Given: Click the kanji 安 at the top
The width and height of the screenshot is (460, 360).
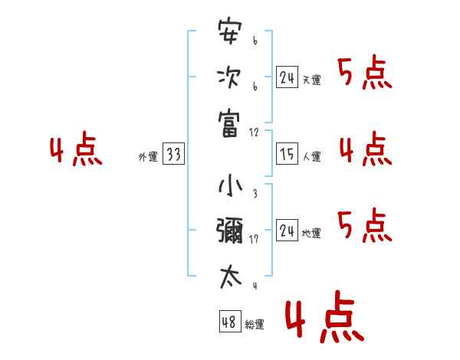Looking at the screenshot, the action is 229,34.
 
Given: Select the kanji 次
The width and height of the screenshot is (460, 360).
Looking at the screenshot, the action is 229,78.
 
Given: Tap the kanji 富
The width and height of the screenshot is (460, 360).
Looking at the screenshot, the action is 229,123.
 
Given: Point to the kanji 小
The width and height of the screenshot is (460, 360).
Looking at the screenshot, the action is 229,186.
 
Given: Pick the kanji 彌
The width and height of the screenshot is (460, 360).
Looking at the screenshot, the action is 229,231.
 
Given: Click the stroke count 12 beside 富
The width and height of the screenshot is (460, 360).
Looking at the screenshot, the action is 255,133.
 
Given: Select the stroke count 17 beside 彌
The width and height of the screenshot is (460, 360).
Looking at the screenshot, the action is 255,240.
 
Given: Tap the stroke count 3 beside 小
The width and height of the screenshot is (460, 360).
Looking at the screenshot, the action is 255,195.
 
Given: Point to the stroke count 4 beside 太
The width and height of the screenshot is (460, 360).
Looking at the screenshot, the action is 255,286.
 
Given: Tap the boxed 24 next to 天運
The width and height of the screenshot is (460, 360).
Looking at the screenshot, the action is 287,77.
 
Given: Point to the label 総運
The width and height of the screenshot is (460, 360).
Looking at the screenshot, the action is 255,325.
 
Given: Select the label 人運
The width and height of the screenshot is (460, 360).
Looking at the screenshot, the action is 312,157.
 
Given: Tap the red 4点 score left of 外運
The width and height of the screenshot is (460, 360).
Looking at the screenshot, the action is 76,151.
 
